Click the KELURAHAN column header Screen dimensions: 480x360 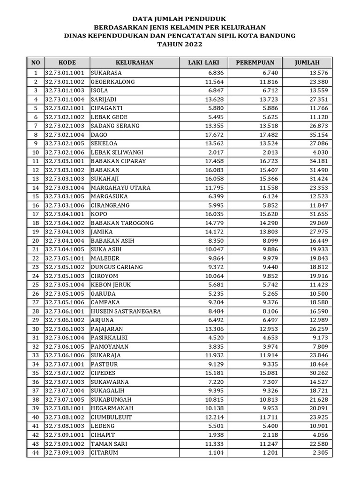coord(135,62)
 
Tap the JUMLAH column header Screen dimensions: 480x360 coord(307,62)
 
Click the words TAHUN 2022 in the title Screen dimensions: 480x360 coord(180,45)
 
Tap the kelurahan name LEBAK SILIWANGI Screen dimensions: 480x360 coord(117,152)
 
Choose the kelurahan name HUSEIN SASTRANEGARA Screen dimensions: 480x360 coord(126,311)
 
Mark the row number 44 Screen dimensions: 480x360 coord(36,453)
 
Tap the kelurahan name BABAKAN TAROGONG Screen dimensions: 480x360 coord(122,223)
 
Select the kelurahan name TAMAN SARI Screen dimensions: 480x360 coord(109,444)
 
